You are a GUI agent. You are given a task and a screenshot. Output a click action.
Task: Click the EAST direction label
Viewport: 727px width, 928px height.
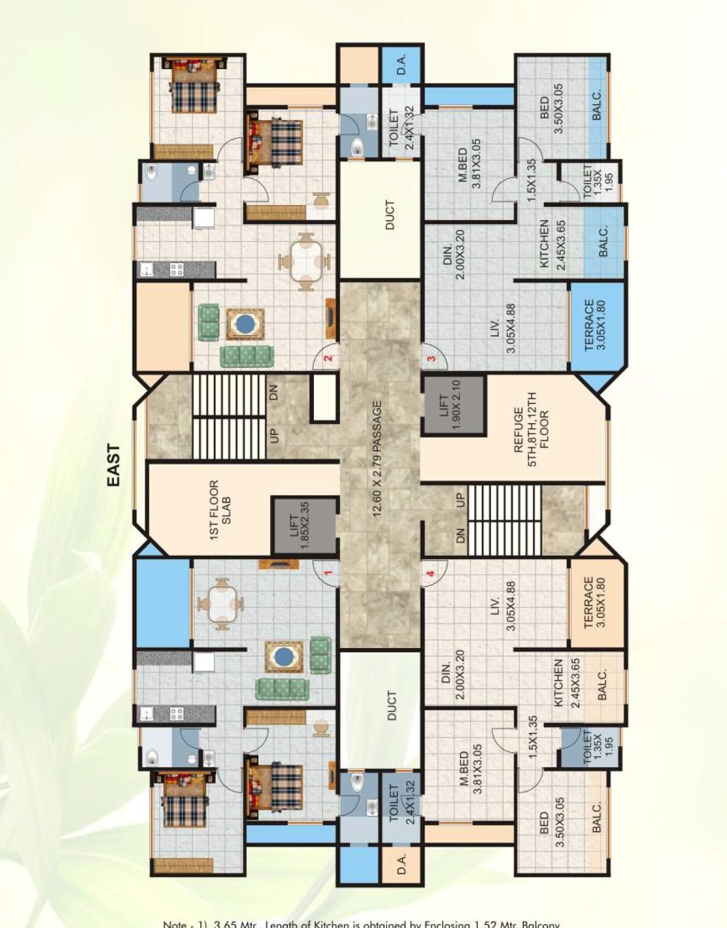114,465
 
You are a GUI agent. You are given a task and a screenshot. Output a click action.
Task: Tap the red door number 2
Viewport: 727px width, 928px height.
328,358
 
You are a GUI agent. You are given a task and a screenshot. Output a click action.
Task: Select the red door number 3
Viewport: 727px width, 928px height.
431,358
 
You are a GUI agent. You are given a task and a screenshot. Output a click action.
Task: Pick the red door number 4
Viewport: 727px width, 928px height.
431,574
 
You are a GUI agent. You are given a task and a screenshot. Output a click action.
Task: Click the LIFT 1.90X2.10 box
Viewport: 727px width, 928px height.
453,405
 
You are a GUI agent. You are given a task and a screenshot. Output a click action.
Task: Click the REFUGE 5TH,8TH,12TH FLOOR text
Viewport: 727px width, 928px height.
531,429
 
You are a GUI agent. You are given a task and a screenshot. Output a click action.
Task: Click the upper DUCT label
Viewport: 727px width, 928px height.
389,215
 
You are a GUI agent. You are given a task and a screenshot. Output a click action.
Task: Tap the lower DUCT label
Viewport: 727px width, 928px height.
391,706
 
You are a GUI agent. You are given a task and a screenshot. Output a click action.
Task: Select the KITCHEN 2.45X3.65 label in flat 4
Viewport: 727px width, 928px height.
567,682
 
